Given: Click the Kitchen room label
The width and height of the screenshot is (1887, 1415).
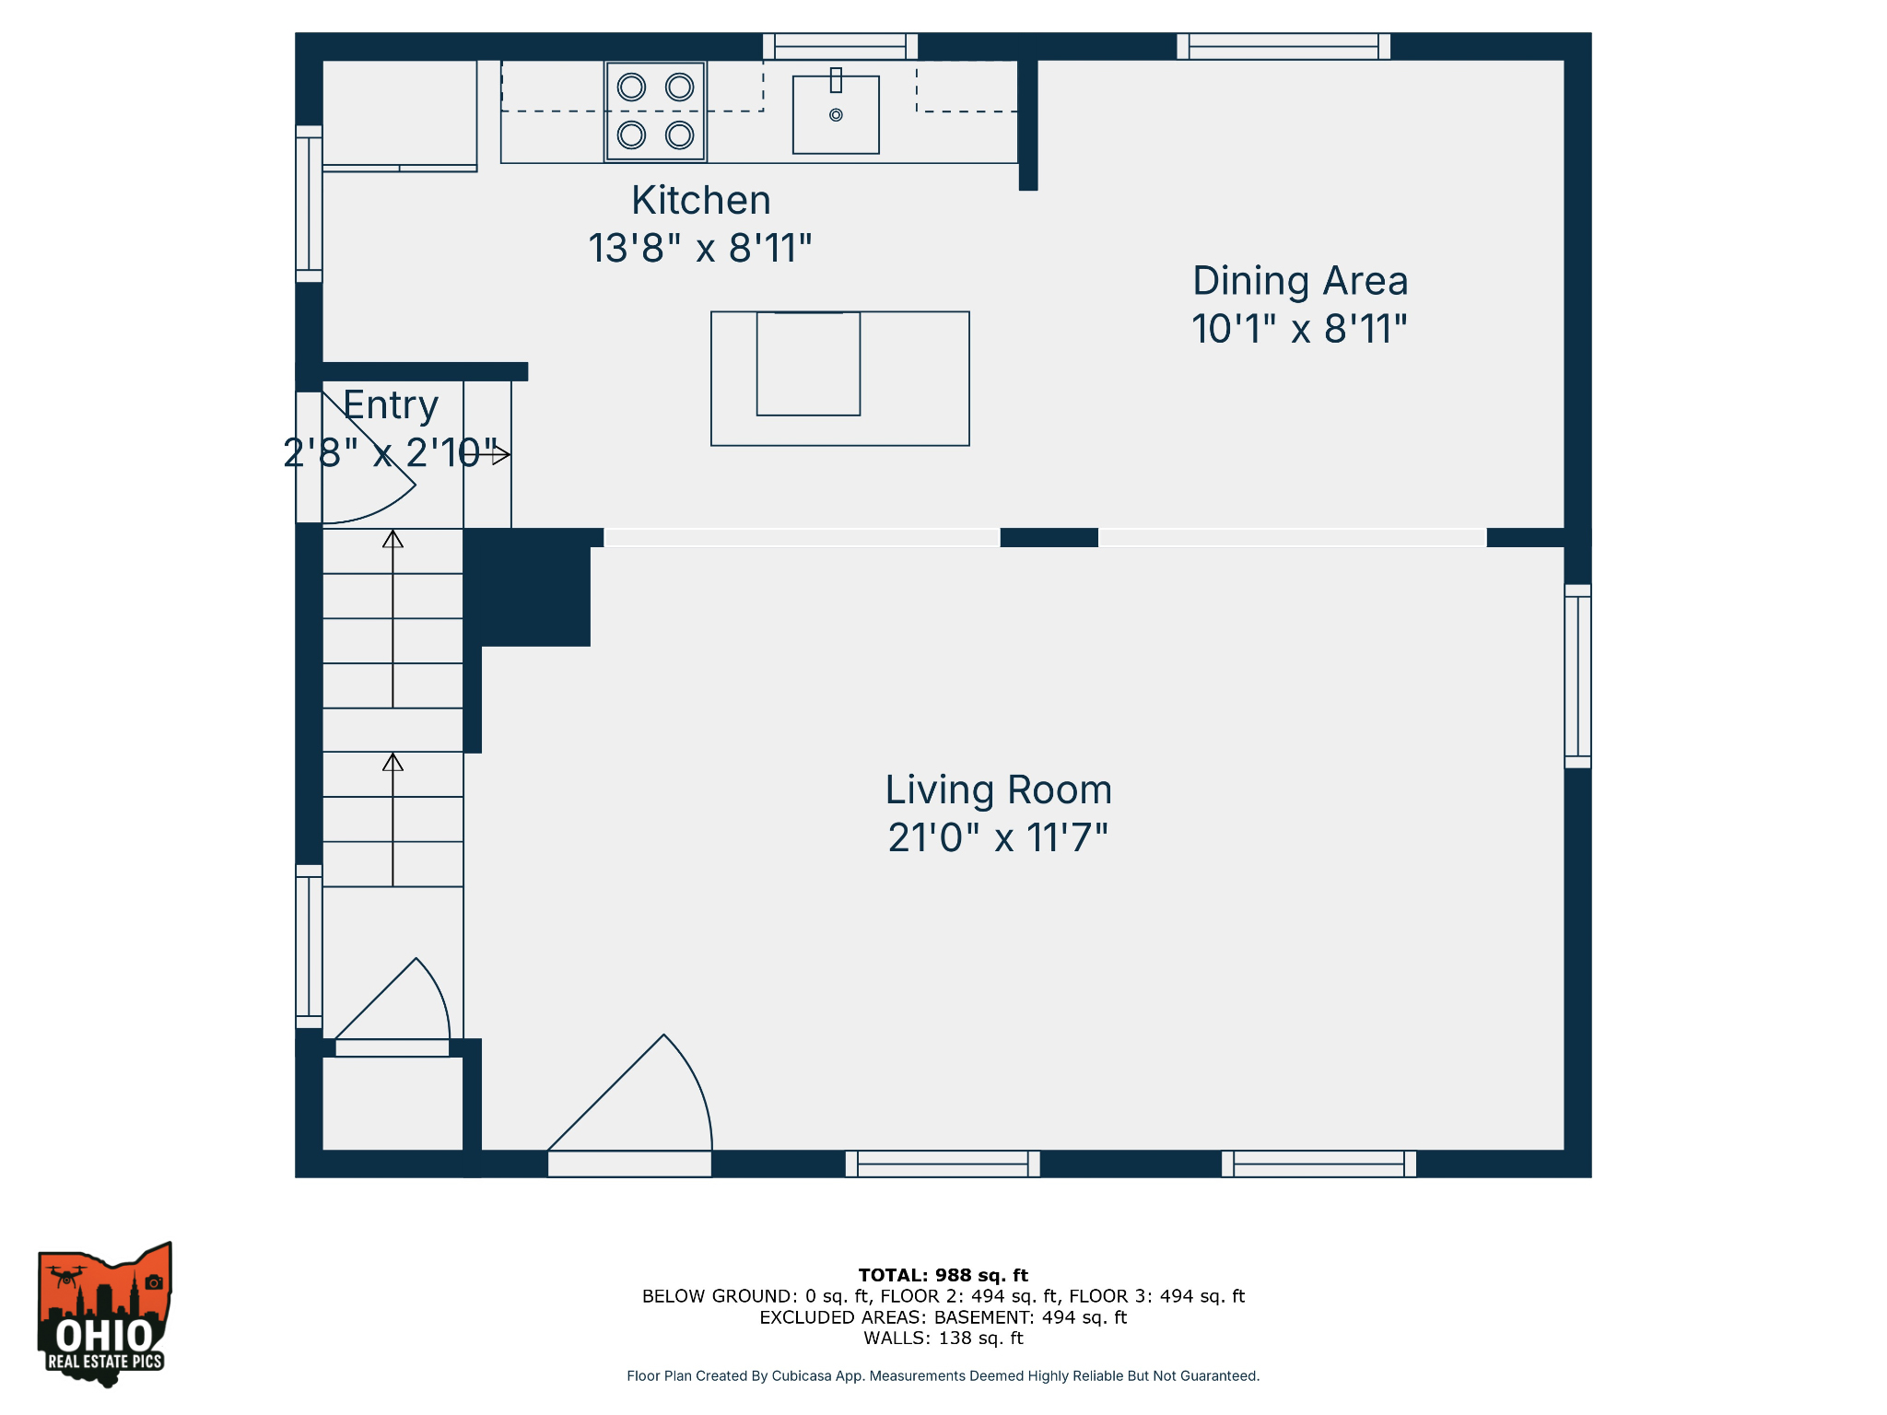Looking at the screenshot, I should [700, 200].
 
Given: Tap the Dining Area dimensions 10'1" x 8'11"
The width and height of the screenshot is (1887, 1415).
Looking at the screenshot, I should [1299, 329].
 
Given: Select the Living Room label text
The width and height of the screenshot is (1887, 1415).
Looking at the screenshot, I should [998, 789].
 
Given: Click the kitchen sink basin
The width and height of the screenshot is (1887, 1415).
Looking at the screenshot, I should [836, 115].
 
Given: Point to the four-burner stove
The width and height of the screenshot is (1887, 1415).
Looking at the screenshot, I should [655, 111].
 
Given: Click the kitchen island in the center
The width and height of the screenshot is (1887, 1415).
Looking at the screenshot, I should [839, 379].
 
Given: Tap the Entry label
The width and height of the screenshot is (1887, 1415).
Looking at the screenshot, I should [391, 405].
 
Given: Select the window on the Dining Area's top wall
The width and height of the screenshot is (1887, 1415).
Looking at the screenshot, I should [1283, 46].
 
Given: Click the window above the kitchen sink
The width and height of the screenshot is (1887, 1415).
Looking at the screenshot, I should [840, 46].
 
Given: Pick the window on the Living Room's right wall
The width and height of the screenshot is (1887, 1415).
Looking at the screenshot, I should [1577, 676].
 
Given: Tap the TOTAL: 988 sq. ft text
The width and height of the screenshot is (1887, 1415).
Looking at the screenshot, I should [943, 1275].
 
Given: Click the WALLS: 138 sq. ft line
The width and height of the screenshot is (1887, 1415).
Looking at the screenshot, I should [943, 1339].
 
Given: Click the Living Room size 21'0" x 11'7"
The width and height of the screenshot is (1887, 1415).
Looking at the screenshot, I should [998, 838].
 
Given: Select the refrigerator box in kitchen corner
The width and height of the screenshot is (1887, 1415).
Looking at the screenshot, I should [399, 114].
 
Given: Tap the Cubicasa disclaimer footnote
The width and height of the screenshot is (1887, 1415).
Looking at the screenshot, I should [943, 1375].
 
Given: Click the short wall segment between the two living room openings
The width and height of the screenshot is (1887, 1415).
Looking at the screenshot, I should [1049, 537].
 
